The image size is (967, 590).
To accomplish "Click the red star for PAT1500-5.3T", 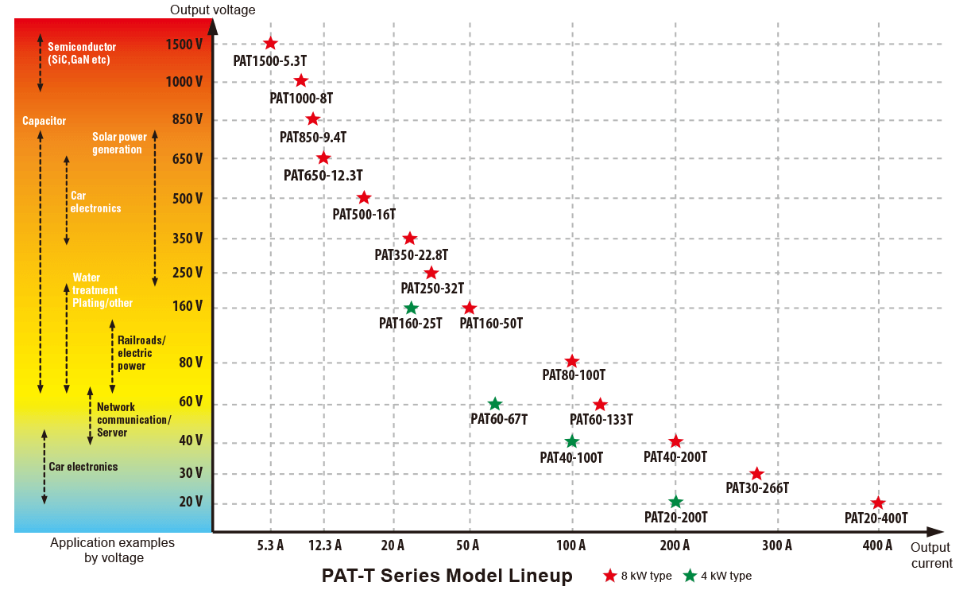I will (x=270, y=44).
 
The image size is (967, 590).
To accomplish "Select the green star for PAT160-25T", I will (x=411, y=308).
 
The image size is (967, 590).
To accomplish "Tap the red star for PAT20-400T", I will (x=878, y=503).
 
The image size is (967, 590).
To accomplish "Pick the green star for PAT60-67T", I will (x=494, y=403).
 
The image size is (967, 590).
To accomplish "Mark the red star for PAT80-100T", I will (x=572, y=362).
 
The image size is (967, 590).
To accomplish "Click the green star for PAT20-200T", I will (x=676, y=502).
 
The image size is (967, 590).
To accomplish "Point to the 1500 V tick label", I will (x=184, y=45).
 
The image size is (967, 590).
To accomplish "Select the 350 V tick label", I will (x=188, y=238).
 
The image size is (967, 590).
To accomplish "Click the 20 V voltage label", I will (x=191, y=502).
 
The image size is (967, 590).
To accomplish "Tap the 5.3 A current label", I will (x=270, y=545).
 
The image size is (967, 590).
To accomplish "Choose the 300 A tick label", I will (x=776, y=545).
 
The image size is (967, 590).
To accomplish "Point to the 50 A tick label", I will (x=468, y=545).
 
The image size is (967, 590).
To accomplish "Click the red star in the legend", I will (x=610, y=576).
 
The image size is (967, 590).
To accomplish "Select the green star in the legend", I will (x=690, y=576).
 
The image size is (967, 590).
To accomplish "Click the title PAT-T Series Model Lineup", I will (x=447, y=576).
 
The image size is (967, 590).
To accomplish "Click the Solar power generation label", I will (x=119, y=143).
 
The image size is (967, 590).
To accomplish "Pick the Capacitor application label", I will (x=44, y=121).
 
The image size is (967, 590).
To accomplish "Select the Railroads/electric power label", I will (x=141, y=353).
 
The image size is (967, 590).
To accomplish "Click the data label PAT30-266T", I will (x=756, y=488).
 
